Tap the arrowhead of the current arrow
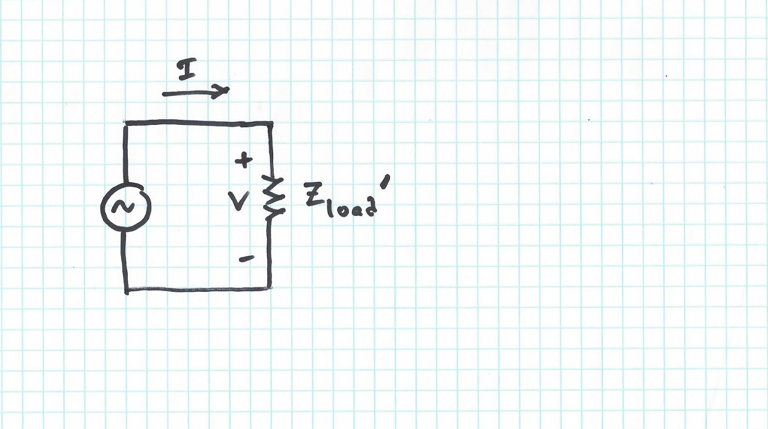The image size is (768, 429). tap(222, 91)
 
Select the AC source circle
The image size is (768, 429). tap(126, 207)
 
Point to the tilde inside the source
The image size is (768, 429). tap(126, 207)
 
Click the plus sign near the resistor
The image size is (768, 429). tap(245, 160)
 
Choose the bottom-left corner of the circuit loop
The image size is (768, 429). tap(127, 289)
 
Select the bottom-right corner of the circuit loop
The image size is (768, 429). tap(270, 288)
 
